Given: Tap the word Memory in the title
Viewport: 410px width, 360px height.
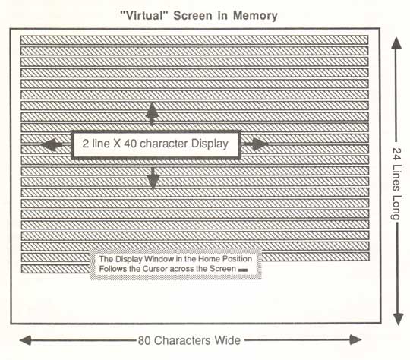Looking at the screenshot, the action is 255,16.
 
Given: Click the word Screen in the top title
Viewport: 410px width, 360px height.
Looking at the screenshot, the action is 193,16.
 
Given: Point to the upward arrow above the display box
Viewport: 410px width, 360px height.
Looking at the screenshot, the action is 152,114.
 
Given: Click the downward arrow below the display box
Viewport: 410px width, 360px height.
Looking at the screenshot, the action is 153,178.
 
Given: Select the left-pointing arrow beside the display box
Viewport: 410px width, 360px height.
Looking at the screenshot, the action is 52,144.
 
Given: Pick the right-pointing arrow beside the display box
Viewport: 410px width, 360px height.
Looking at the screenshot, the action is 257,144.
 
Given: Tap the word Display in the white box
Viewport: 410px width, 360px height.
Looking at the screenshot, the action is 210,144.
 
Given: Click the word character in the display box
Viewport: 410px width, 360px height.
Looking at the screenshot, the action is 164,144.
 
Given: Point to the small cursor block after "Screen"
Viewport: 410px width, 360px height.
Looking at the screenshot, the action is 243,270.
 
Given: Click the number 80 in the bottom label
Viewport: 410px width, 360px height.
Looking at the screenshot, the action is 144,341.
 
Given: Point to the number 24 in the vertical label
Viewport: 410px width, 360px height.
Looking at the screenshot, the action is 396,155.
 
